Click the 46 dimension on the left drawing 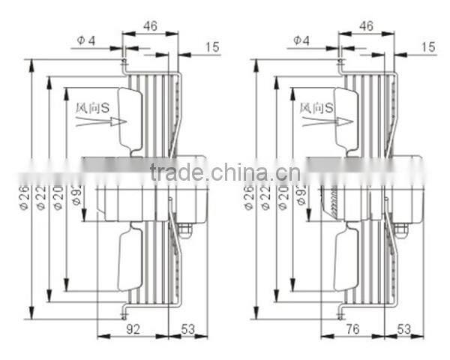(x=150, y=26)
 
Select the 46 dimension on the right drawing (x=366, y=26)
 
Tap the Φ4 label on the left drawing (x=85, y=40)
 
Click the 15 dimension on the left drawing (x=212, y=46)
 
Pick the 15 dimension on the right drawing (x=428, y=46)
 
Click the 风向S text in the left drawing (x=94, y=108)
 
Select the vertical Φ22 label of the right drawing (x=267, y=199)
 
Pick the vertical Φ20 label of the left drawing (x=58, y=199)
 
